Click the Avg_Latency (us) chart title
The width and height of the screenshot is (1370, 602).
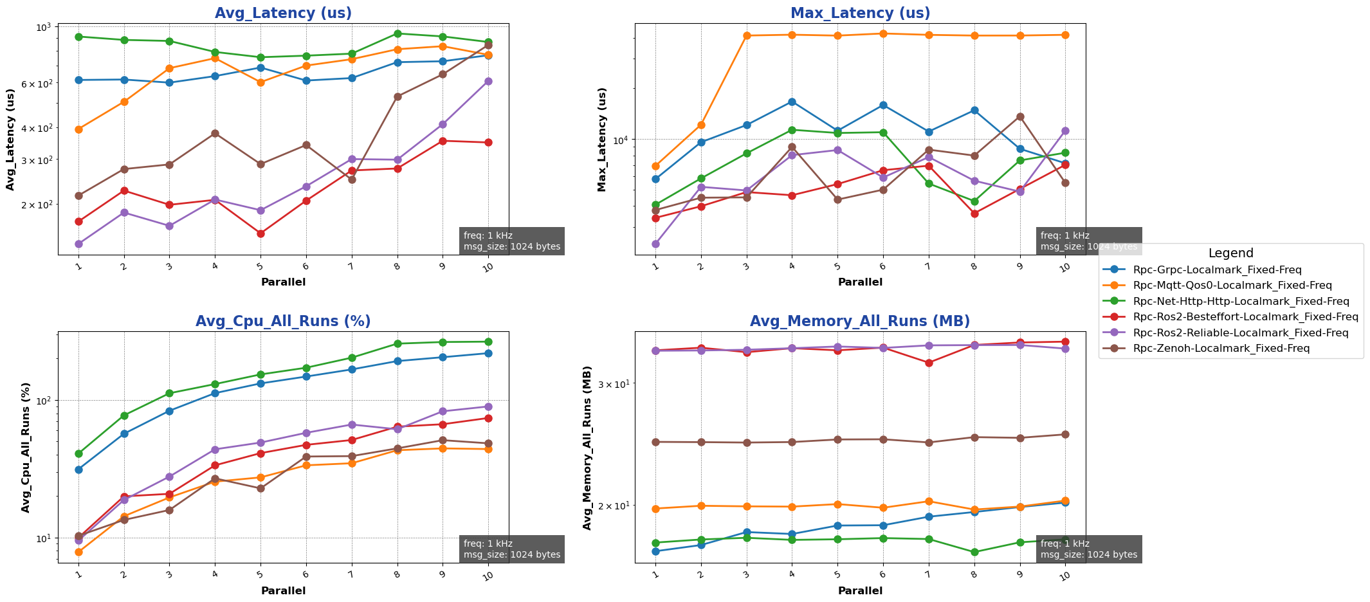click(283, 14)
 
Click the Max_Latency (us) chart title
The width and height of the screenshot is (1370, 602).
click(860, 14)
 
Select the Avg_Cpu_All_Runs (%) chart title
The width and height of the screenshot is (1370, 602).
click(283, 322)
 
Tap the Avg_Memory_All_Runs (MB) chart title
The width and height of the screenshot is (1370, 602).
click(860, 322)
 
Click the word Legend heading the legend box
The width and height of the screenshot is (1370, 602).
click(1230, 253)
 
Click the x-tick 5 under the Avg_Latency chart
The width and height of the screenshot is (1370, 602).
click(260, 266)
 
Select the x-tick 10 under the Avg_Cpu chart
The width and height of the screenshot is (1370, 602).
click(487, 575)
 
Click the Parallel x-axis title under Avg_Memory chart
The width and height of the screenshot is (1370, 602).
click(860, 590)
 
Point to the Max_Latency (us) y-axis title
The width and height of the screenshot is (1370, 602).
click(602, 140)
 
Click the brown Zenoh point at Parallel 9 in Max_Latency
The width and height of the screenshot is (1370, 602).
click(1020, 117)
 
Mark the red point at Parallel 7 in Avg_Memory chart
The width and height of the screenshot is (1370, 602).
click(929, 363)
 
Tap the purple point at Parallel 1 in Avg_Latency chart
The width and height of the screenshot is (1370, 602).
click(78, 244)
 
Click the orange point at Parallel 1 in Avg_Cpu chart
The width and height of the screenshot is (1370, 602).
click(78, 552)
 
